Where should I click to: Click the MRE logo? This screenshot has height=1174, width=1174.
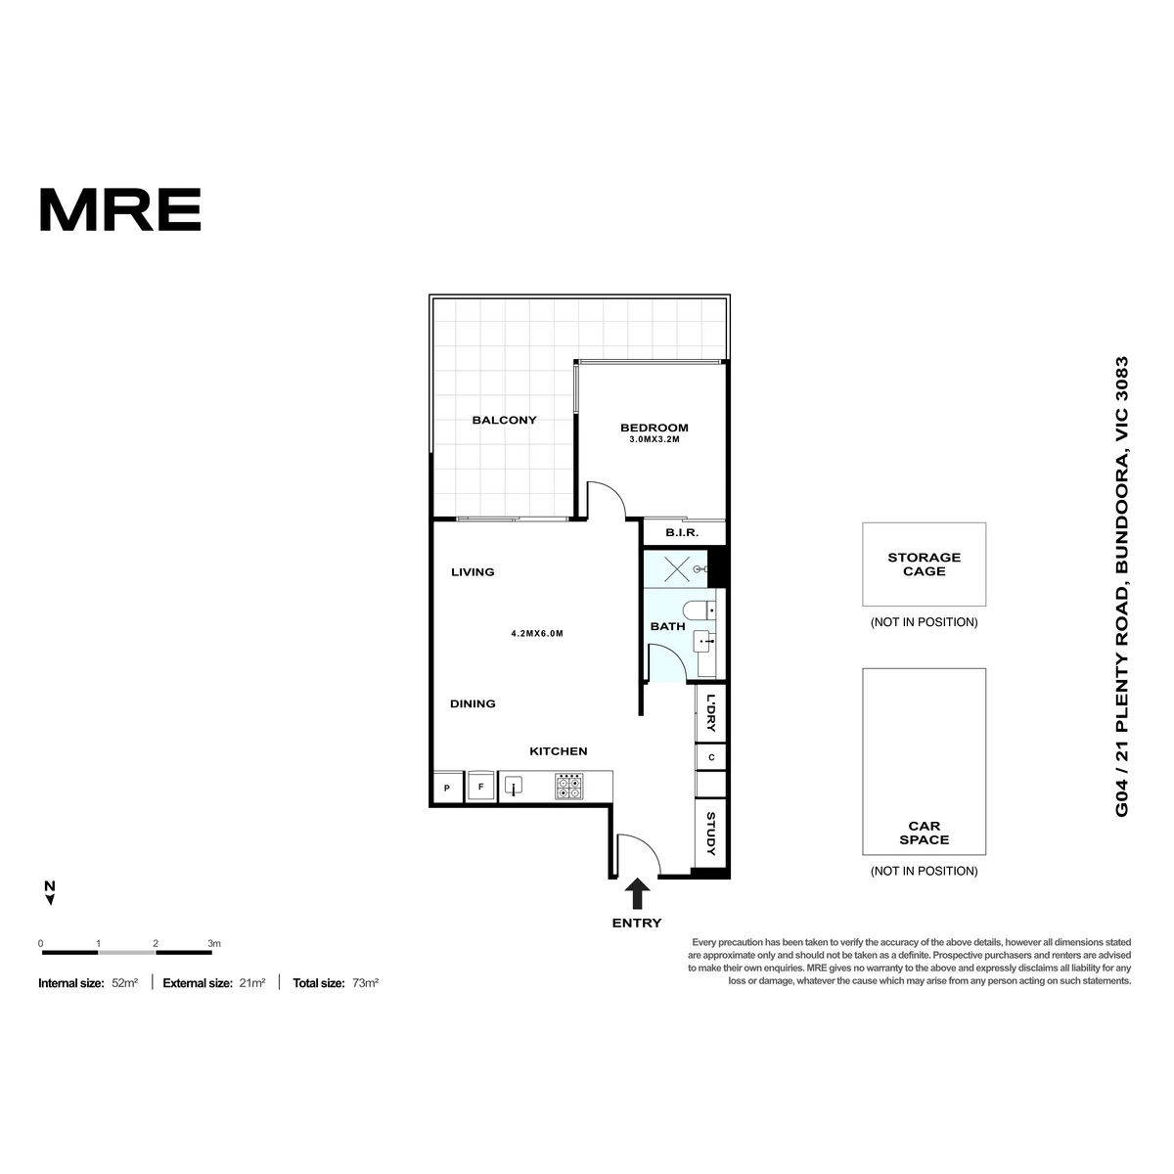(x=120, y=209)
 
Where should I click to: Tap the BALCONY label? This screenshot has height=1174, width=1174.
(x=504, y=420)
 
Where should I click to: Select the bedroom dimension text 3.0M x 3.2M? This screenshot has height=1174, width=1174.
(x=654, y=439)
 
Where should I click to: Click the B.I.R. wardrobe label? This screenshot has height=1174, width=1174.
(x=681, y=532)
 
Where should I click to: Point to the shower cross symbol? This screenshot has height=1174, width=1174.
(x=676, y=570)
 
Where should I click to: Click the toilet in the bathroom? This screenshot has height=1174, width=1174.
(x=699, y=610)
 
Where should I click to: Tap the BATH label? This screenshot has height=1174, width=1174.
(x=667, y=626)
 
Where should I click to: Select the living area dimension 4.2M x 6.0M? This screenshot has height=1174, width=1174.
(x=537, y=634)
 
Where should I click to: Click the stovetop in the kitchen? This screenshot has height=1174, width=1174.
(x=569, y=786)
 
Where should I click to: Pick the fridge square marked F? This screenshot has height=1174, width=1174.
(x=480, y=787)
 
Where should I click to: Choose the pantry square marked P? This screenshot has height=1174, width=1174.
(x=446, y=788)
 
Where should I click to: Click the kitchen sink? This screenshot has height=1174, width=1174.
(x=513, y=786)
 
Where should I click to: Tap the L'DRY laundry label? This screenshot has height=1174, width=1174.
(x=710, y=712)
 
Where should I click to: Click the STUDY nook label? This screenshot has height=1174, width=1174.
(x=710, y=833)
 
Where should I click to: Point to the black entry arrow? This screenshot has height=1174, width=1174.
(x=637, y=893)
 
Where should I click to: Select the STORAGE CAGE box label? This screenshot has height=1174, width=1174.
(x=924, y=564)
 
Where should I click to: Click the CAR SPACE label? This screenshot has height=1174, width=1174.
(x=924, y=833)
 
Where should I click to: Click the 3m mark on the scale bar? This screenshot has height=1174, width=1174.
(x=214, y=943)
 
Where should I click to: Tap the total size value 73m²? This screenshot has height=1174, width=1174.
(x=365, y=982)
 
